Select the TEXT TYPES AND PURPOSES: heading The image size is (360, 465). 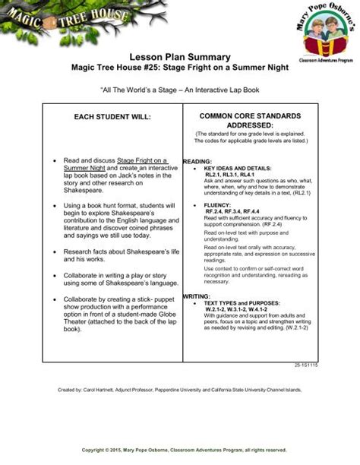click(x=248, y=302)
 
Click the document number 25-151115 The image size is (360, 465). click(x=307, y=365)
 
